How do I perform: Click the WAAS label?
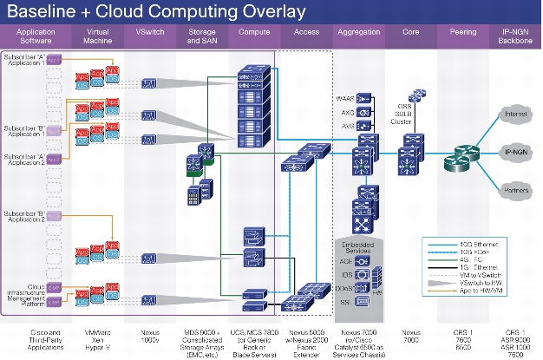click(344, 100)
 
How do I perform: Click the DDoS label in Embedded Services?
click(343, 287)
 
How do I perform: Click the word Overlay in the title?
click(263, 11)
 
